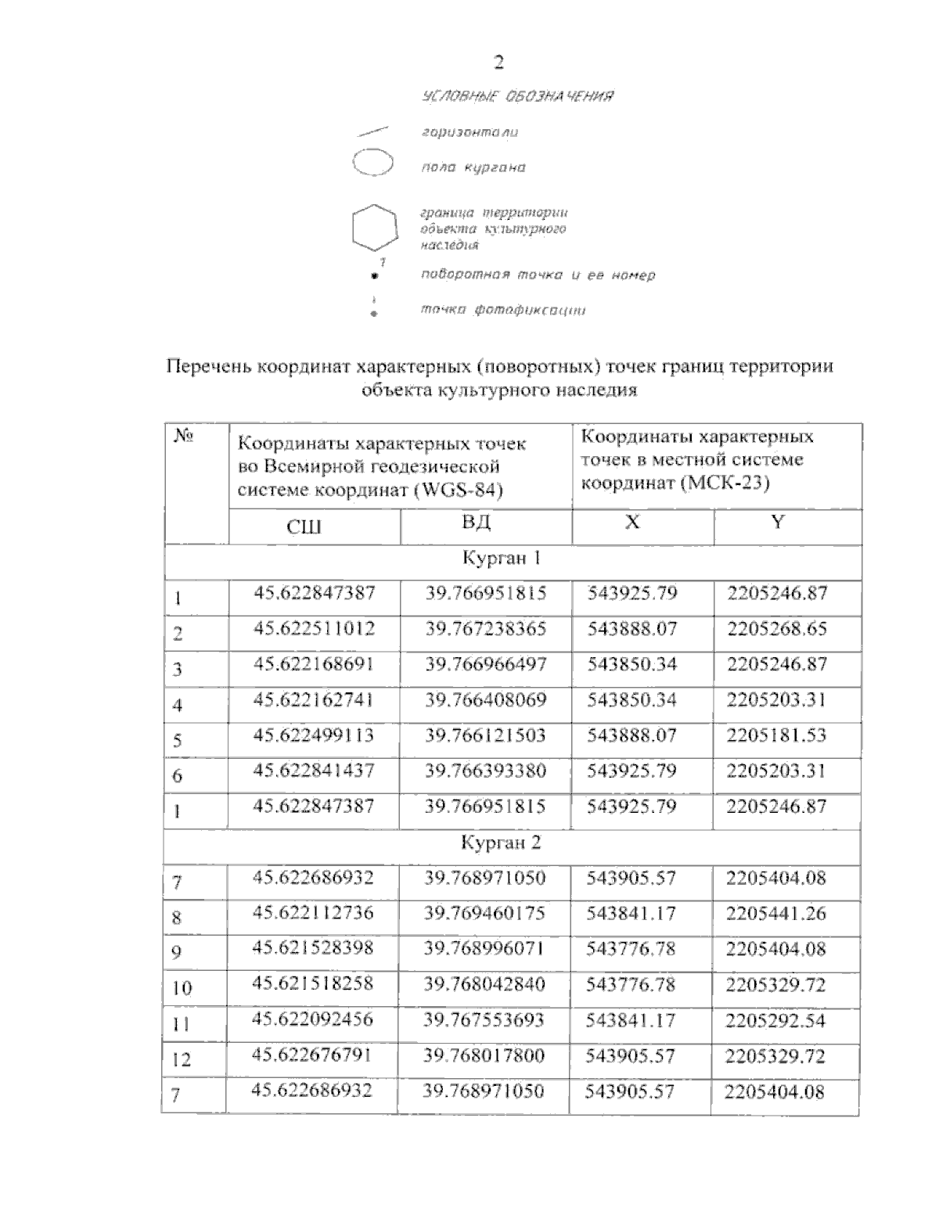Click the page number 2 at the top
(x=498, y=63)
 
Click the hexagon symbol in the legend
(x=372, y=228)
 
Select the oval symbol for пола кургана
(x=372, y=164)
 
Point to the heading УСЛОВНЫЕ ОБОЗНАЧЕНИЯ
(x=516, y=96)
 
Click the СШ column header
(x=304, y=527)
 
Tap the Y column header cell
(x=777, y=523)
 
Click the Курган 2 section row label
(x=501, y=843)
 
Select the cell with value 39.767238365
(x=485, y=629)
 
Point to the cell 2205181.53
(x=776, y=735)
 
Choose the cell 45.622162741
(x=314, y=699)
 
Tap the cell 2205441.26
(x=775, y=913)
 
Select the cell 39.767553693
(x=484, y=1020)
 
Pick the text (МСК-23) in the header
(x=725, y=483)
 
